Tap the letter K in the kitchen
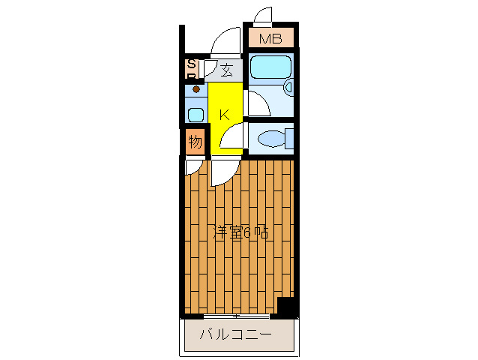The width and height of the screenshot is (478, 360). (x=223, y=115)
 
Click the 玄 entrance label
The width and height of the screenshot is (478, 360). (x=226, y=71)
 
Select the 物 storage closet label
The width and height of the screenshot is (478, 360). (x=194, y=141)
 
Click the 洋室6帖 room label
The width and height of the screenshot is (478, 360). (x=240, y=232)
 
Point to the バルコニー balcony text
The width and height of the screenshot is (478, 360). (x=235, y=334)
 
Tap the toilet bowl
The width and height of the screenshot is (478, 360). (x=270, y=138)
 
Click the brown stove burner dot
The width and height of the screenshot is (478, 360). (x=196, y=89)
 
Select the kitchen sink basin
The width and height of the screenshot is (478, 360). (x=196, y=115)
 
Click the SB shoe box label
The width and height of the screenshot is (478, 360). (x=192, y=70)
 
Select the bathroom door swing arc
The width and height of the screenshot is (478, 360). (x=256, y=103)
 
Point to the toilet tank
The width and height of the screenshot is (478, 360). (x=289, y=138)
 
